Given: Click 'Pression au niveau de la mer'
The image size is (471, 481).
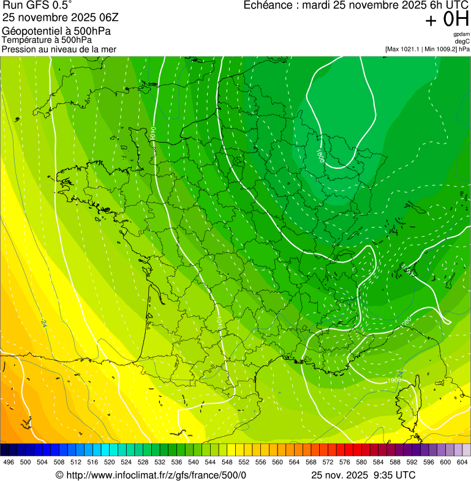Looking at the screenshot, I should [x=59, y=49].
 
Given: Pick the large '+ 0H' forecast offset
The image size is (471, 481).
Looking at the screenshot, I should [x=447, y=20].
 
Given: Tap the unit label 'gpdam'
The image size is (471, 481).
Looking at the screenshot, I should [x=461, y=34].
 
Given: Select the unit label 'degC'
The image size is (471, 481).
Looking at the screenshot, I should [x=462, y=41].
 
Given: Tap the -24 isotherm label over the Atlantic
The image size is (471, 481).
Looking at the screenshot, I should [x=43, y=323].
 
